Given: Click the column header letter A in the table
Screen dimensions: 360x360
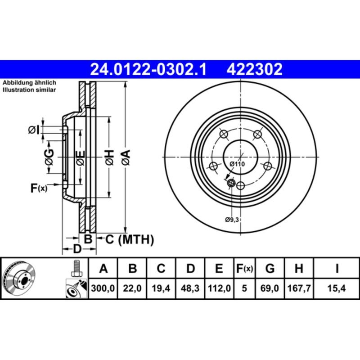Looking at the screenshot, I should point(103,269).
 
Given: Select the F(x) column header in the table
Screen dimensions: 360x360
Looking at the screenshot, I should point(245,269).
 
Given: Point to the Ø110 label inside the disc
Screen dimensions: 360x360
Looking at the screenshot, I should point(237,164).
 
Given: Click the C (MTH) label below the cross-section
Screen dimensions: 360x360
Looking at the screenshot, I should point(130,239).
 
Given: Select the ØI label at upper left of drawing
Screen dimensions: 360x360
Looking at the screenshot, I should point(34,130).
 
